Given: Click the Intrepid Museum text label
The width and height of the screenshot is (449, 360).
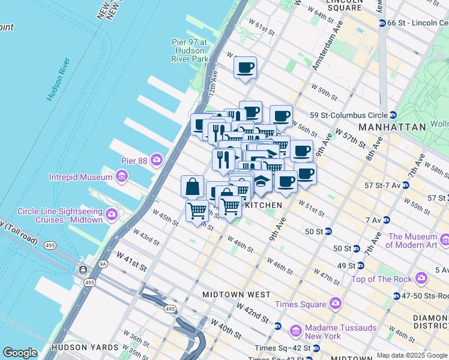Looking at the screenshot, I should tap(81, 177).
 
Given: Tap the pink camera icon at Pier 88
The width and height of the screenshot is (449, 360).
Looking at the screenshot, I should tap(157, 160).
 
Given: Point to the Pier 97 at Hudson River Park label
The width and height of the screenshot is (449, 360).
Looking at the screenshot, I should tap(189, 51).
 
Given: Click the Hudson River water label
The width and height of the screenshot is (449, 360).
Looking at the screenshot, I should tap(59, 79).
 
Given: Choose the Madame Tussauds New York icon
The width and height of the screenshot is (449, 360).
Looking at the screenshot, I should tap(295, 331).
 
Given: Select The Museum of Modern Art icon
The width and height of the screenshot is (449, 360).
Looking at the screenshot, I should tap(444, 241).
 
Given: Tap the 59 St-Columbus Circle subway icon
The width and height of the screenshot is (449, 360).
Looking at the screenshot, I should tap(392, 115).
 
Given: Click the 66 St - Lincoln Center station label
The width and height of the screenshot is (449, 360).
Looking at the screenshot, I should tap(418, 23).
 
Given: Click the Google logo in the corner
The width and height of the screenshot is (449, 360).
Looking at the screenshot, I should tap(20, 353).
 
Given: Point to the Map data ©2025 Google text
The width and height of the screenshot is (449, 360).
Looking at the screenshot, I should tap(412, 355).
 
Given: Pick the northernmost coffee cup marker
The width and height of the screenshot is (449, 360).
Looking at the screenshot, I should tap(245, 68).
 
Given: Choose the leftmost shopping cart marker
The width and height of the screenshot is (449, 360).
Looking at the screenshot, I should tap(197, 211).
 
